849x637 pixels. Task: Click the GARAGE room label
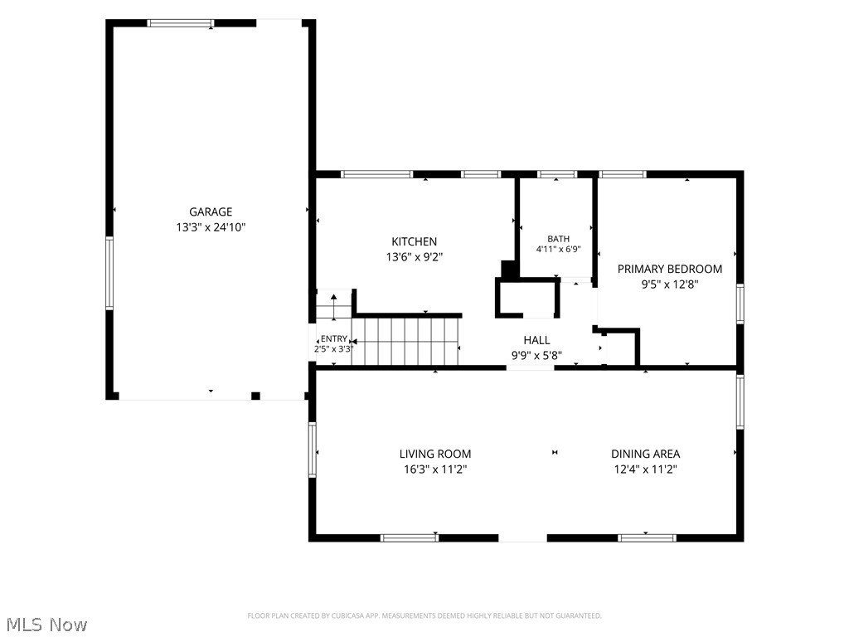pos(211,212)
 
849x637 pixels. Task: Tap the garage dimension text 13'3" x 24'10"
pos(211,227)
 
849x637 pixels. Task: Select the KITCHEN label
pos(415,241)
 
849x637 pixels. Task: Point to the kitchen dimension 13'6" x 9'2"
pos(415,257)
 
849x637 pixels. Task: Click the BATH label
pos(558,239)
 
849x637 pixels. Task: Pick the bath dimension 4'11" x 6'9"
pos(558,249)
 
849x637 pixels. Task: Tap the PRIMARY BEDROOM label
pos(670,270)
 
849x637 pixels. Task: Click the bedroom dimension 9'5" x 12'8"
pos(670,284)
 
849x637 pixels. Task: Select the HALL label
pos(536,340)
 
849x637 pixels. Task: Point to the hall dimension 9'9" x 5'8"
pos(536,355)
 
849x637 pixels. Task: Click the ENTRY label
pos(333,338)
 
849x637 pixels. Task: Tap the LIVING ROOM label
pos(435,454)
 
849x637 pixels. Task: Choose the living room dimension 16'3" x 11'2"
pos(435,469)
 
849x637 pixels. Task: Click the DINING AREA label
pos(645,454)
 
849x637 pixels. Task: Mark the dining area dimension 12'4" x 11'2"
pos(645,469)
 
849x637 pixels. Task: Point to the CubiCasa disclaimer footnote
pos(424,616)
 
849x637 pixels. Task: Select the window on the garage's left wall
pos(109,274)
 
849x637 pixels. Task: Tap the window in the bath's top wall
pos(557,174)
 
